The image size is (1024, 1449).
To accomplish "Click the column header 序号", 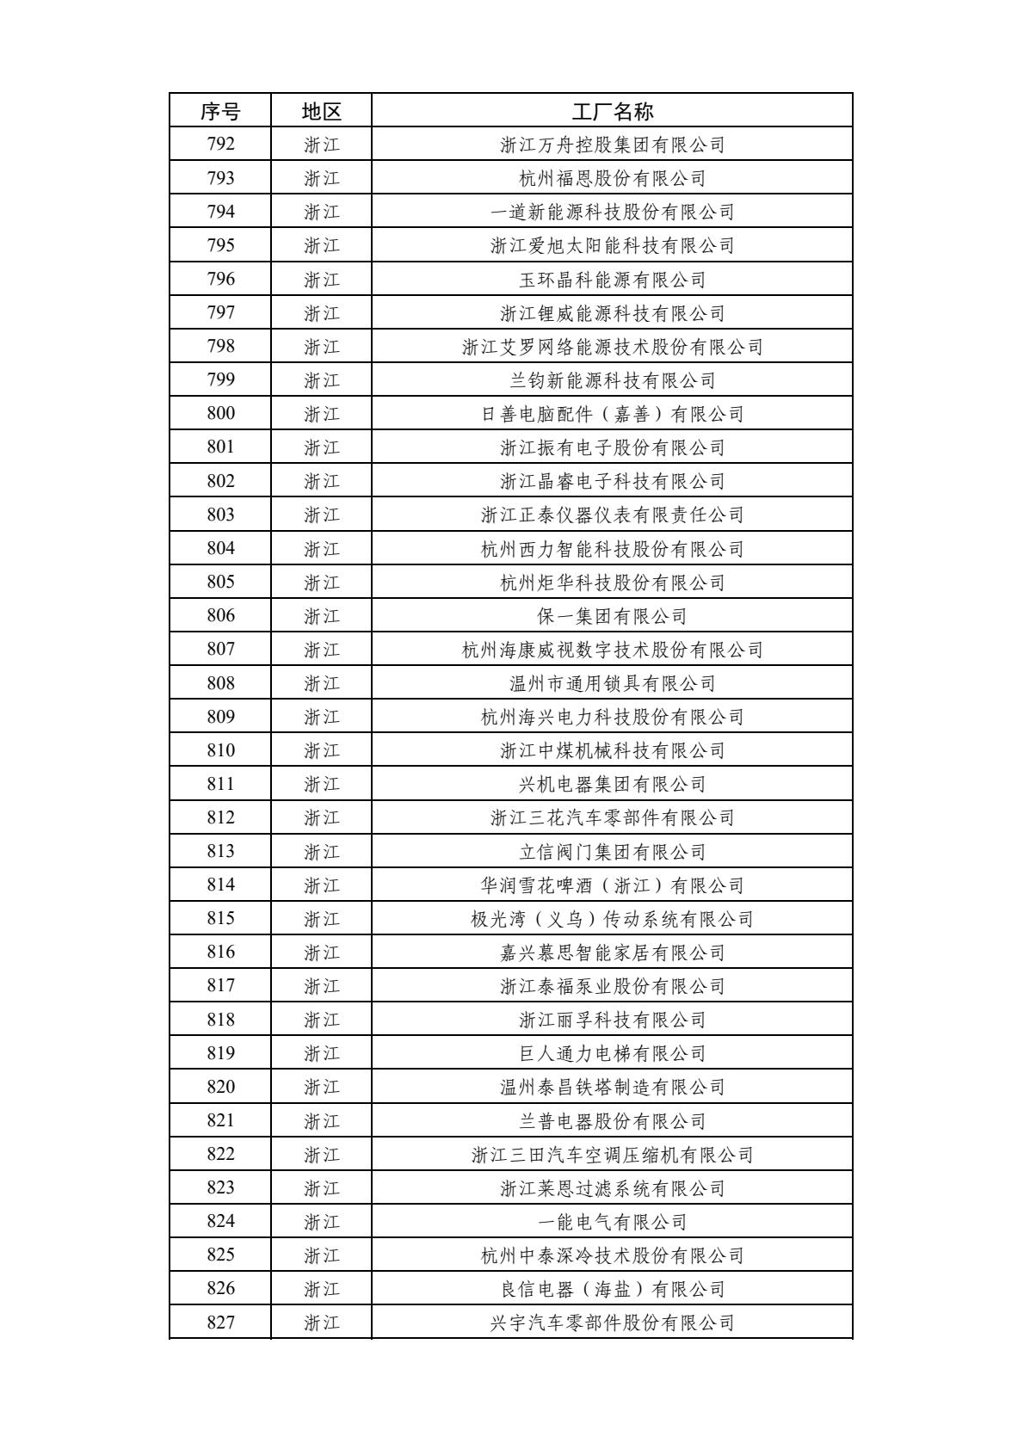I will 220,111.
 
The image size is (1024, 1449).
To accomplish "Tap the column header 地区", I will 322,111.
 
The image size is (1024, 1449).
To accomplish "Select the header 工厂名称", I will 612,111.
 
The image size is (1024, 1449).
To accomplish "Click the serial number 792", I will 220,145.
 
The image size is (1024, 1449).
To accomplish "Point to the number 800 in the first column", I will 220,414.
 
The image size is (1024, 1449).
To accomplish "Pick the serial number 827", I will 220,1323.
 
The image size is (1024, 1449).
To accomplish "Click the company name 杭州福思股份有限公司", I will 612,179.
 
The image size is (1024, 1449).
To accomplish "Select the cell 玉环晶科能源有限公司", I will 612,280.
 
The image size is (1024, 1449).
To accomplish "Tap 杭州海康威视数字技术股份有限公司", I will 612,650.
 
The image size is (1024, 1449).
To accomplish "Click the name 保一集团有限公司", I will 612,616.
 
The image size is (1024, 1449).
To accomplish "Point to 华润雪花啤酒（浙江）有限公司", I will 612,885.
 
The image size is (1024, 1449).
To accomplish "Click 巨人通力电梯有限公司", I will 612,1053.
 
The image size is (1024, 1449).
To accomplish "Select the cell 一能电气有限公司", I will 612,1222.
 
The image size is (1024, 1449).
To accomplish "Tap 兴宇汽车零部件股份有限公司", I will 612,1323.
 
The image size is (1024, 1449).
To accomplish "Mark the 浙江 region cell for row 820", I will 322,1088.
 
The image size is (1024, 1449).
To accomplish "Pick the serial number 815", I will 220,919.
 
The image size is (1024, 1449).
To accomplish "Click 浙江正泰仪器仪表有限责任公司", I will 612,515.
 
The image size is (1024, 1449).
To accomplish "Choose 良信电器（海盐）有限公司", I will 612,1289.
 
